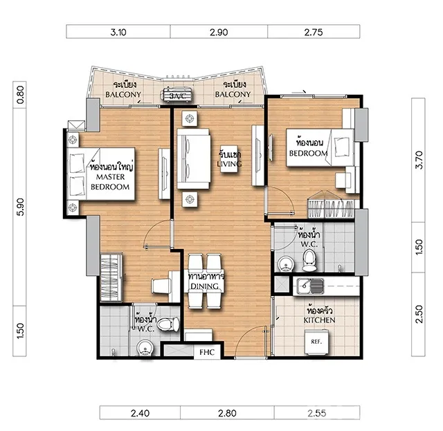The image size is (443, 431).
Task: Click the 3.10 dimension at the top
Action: tap(118, 33)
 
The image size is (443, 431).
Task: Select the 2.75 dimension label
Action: tap(314, 33)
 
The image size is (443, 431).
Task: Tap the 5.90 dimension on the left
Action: tap(20, 207)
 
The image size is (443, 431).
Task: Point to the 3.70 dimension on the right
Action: tap(419, 160)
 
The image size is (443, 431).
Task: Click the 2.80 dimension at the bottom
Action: tap(227, 413)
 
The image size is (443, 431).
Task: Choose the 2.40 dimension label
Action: tap(140, 413)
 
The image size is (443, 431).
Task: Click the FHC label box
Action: tap(207, 352)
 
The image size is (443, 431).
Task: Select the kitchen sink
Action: tap(310, 286)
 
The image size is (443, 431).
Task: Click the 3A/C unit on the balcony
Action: tap(178, 95)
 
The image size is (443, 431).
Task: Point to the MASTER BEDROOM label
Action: tap(110, 182)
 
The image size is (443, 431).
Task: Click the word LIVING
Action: tap(229, 164)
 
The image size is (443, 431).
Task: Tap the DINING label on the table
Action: tap(205, 286)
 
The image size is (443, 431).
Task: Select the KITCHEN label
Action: tap(320, 320)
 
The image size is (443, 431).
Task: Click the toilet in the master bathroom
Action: tap(168, 324)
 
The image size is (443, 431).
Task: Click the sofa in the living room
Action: tap(194, 158)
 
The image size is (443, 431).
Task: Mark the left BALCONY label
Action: tap(123, 94)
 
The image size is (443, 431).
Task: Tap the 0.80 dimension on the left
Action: tap(20, 95)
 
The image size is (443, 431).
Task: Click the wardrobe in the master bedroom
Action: tap(111, 277)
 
